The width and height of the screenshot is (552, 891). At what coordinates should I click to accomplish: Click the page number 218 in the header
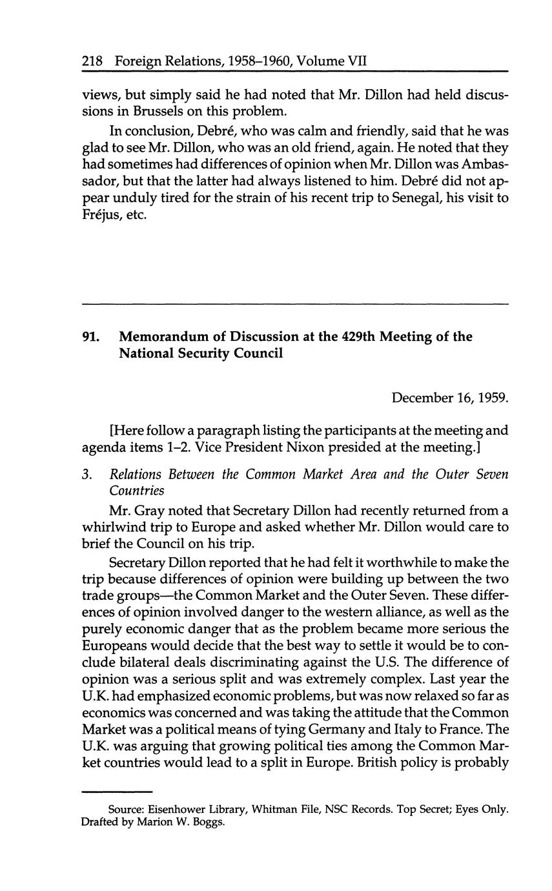pyautogui.click(x=93, y=62)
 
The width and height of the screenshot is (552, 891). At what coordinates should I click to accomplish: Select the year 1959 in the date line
pyautogui.click(x=493, y=398)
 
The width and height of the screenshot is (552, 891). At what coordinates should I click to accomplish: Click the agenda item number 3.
pyautogui.click(x=87, y=475)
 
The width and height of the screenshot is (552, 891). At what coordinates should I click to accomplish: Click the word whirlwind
pyautogui.click(x=112, y=527)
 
